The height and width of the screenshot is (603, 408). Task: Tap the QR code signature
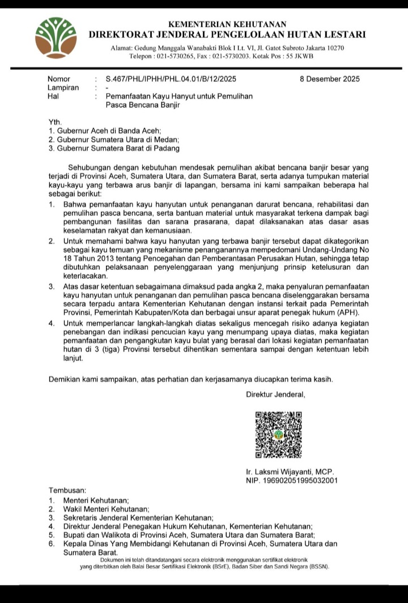coord(278,435)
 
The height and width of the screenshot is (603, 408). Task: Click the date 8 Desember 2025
coord(329,79)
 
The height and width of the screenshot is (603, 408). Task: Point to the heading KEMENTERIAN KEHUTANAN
coord(227,24)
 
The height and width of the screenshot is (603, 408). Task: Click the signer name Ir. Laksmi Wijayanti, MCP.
coord(290,472)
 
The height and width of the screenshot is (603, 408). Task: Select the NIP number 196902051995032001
coord(292,481)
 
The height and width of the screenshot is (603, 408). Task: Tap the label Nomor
coord(59,79)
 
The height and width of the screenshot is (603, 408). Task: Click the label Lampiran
coord(63,88)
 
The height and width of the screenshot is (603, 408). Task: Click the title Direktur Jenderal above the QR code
coord(275,394)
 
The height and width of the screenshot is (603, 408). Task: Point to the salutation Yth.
coord(55,122)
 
